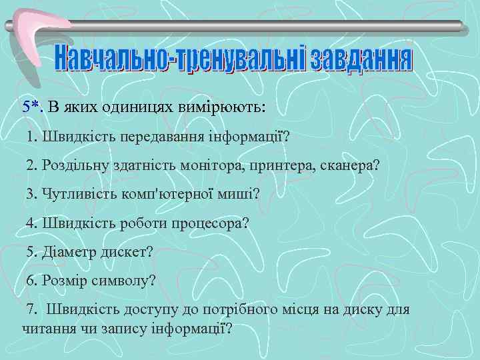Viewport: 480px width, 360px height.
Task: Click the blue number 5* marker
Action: pos(31,107)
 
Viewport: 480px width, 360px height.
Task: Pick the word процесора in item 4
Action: pos(212,223)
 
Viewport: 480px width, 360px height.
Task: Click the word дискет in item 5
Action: pos(128,251)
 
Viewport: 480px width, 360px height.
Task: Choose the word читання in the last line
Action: pos(47,328)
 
